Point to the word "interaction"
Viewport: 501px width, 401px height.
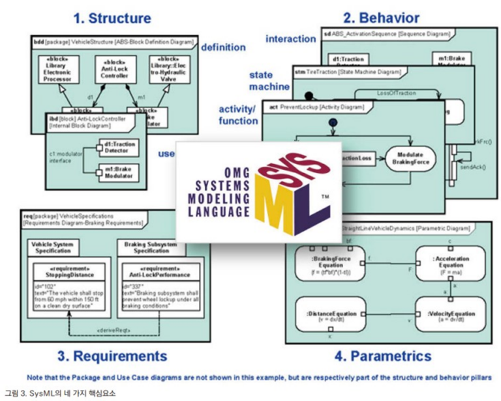291,39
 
